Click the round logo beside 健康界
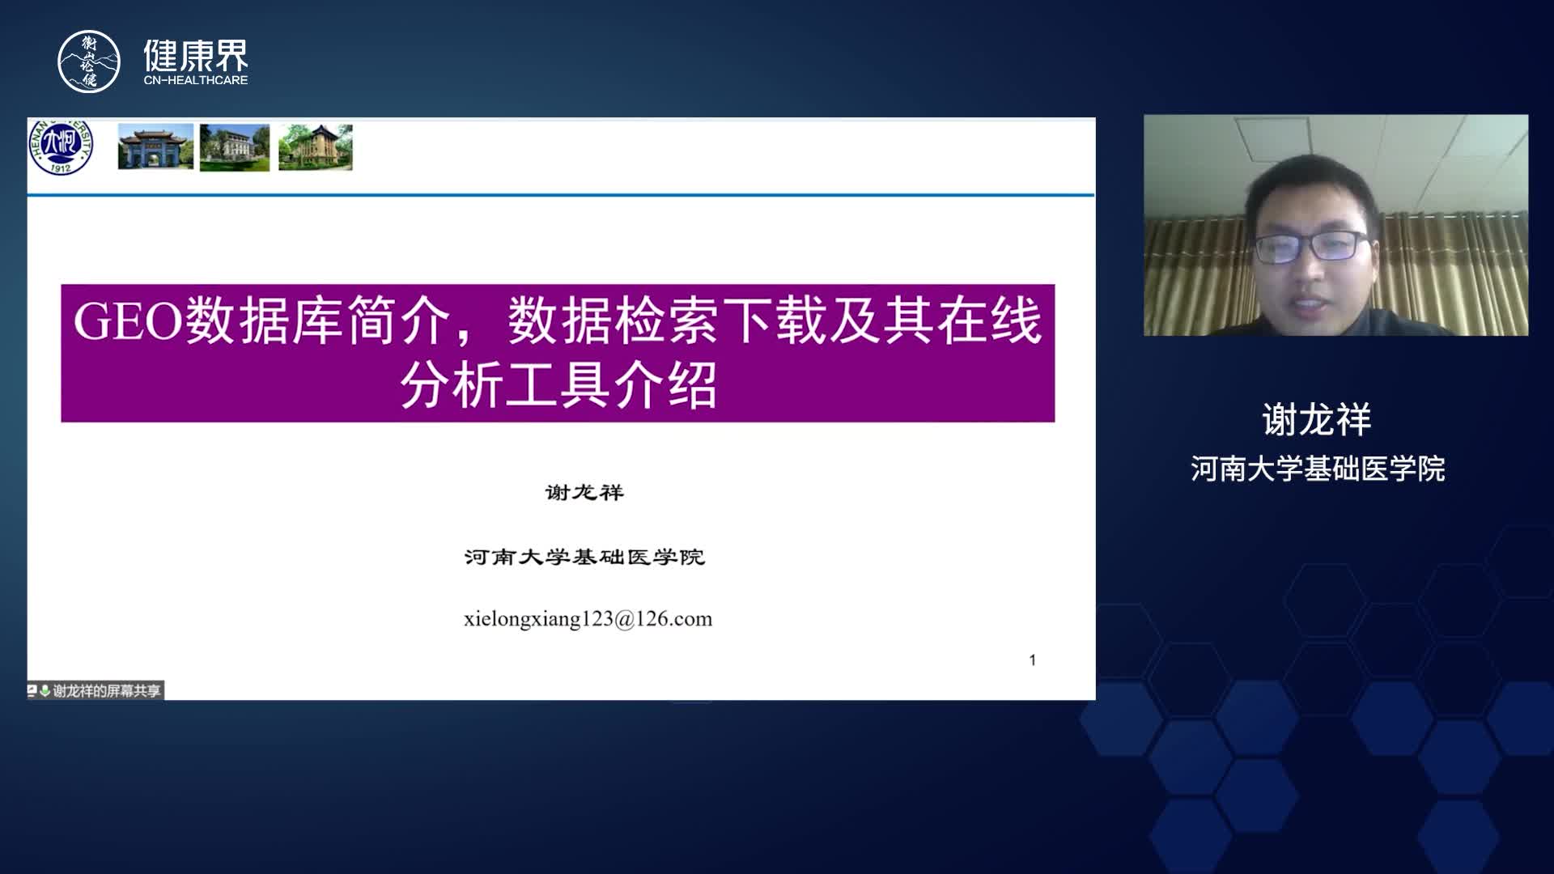coord(89,62)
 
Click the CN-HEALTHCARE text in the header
coord(196,80)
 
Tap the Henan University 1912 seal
coord(61,146)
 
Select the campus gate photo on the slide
coord(155,146)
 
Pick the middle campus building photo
coord(235,147)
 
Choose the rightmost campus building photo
coord(316,147)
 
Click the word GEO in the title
coord(128,320)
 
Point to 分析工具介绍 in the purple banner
coord(558,384)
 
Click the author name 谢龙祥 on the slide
coord(584,492)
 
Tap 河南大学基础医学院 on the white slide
coord(584,557)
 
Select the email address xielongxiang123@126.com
coord(588,619)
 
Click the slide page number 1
coord(1033,660)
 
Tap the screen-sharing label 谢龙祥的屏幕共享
coord(107,690)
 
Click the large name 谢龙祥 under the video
coord(1317,420)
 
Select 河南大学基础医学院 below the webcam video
coord(1318,469)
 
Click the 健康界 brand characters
coord(196,55)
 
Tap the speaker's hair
coord(1311,190)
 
